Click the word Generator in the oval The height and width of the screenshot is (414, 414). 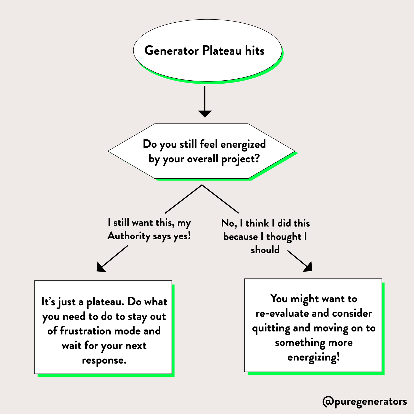(x=171, y=51)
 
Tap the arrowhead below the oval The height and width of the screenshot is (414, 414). (x=205, y=113)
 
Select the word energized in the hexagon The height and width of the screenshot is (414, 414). (x=243, y=144)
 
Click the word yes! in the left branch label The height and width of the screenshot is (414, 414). (x=182, y=236)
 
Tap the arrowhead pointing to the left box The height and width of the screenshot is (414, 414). (x=100, y=268)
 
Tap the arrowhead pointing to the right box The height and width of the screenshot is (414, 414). (x=308, y=267)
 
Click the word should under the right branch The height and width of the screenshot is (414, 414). (x=265, y=250)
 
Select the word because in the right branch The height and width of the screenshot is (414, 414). (x=240, y=237)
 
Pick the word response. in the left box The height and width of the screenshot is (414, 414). (x=104, y=360)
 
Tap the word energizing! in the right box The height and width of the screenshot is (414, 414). (x=314, y=358)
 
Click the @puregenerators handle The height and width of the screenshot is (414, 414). (x=365, y=402)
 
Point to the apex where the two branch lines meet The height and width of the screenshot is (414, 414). (x=202, y=185)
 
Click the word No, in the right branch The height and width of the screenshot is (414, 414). (x=229, y=223)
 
